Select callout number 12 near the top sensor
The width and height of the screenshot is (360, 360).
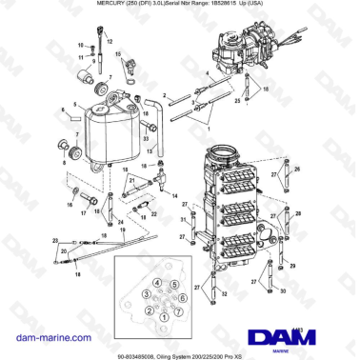[108, 44]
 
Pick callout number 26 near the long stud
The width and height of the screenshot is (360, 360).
[297, 170]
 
